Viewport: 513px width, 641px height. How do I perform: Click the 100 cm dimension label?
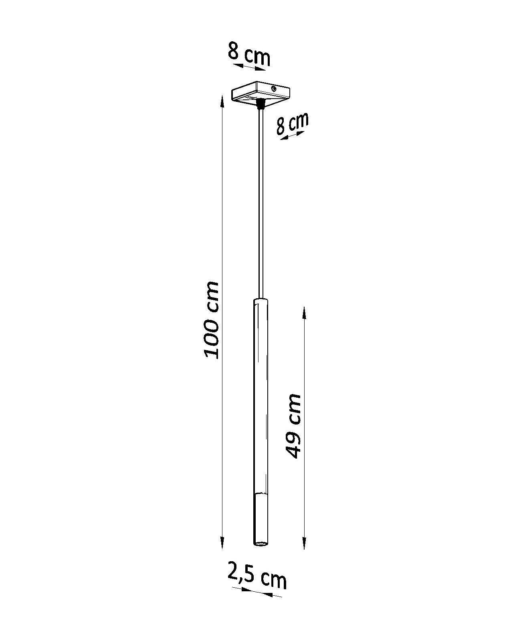pyautogui.click(x=211, y=320)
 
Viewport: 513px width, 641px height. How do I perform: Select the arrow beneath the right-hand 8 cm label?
pyautogui.click(x=291, y=135)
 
